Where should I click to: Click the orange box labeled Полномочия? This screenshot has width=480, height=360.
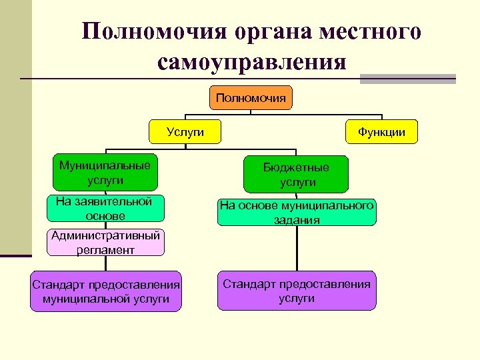tap(251, 98)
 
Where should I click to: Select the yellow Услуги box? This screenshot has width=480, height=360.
tap(185, 132)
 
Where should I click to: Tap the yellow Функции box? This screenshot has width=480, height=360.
tap(381, 132)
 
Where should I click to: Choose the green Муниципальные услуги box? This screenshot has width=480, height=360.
tap(105, 173)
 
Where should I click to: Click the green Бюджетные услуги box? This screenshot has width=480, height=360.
tap(297, 175)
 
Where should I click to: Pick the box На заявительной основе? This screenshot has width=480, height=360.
tap(105, 209)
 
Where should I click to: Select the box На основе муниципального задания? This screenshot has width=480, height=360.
tap(297, 213)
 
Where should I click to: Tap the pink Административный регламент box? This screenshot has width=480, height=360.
tap(105, 243)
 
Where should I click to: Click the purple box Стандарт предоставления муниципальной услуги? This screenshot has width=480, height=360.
tap(106, 292)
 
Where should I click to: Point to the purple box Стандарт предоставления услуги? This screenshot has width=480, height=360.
tap(297, 291)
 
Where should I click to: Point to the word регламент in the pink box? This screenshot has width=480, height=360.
tap(105, 251)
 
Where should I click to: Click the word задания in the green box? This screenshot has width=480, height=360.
tap(297, 220)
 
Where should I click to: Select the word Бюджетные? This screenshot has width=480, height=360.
tap(297, 167)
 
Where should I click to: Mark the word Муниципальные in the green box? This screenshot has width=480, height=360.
tap(105, 165)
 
